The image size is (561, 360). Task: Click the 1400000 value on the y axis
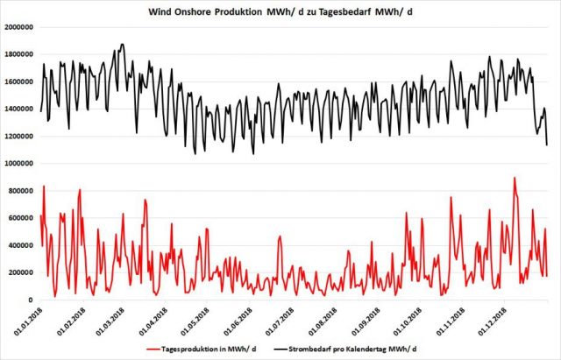[x=19, y=109]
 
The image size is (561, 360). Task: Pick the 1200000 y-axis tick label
[x=19, y=137]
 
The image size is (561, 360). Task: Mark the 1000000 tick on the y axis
[x=19, y=164]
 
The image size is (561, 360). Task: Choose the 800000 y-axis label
[x=22, y=191]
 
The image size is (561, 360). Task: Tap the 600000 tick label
[x=22, y=218]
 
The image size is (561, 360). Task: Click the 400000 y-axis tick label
[x=22, y=245]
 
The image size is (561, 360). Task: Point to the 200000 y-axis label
[x=22, y=273]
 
